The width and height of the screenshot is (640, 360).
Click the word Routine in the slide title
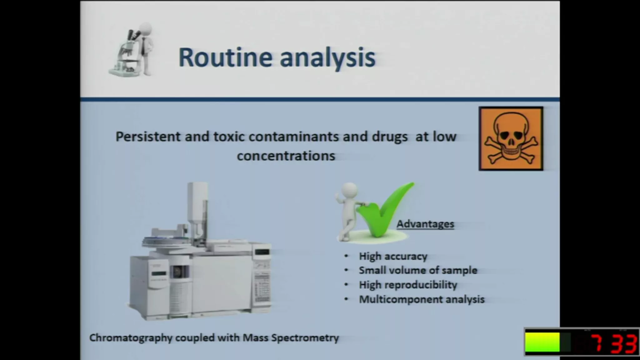pyautogui.click(x=225, y=57)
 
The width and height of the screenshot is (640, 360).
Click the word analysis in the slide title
pyautogui.click(x=328, y=58)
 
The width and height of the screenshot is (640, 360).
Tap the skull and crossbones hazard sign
pyautogui.click(x=511, y=139)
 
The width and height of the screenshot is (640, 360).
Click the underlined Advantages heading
pyautogui.click(x=425, y=224)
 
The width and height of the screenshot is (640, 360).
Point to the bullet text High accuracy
pyautogui.click(x=393, y=256)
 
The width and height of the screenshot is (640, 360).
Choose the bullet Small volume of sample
pyautogui.click(x=418, y=270)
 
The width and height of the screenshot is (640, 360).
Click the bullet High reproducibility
pyautogui.click(x=408, y=285)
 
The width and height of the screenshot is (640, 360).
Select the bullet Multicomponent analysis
pyautogui.click(x=422, y=299)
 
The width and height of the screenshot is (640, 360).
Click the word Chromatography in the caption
pyautogui.click(x=131, y=338)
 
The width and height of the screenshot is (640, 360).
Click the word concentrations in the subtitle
pyautogui.click(x=286, y=156)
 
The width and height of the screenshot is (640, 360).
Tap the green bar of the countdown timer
pyautogui.click(x=542, y=342)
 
